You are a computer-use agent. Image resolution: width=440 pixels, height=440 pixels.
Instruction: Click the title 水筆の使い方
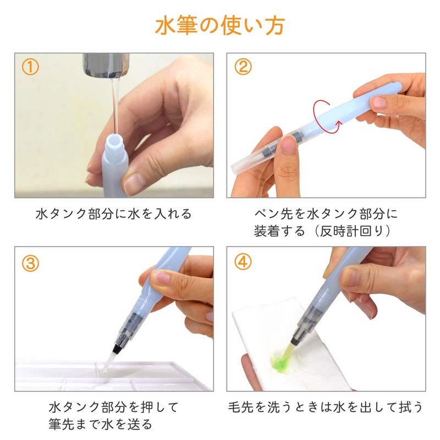click(x=220, y=26)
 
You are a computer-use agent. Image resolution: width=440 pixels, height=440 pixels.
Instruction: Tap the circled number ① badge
click(x=30, y=67)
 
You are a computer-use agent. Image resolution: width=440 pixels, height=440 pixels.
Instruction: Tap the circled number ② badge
click(x=243, y=67)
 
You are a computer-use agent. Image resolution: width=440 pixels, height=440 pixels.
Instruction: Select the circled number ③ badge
click(x=30, y=263)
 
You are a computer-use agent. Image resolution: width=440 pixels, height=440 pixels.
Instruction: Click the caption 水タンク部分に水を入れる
click(x=114, y=214)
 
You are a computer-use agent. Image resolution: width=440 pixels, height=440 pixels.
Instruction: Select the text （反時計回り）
click(x=355, y=231)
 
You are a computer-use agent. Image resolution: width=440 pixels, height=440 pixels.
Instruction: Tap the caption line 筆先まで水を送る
click(x=100, y=424)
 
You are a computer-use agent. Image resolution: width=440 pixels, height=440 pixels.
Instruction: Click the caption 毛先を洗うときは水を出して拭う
click(x=326, y=408)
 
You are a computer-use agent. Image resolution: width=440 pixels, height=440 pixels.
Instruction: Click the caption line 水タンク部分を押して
click(x=114, y=408)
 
